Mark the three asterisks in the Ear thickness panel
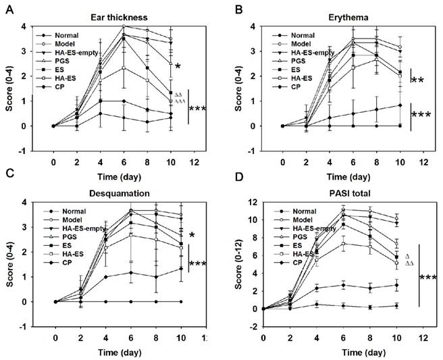point(199,108)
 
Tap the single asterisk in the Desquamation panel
point(192,235)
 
